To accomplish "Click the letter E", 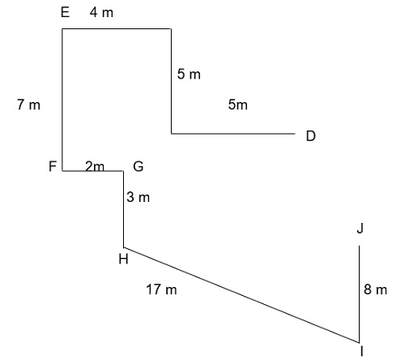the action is (x=65, y=12).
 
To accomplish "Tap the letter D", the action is (x=311, y=136).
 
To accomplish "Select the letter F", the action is (x=53, y=166).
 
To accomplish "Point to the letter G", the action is (x=139, y=166).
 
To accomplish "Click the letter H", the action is (x=123, y=259).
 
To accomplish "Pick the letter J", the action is (x=360, y=229).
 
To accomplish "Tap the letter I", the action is (x=361, y=351).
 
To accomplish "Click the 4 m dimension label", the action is (x=101, y=12).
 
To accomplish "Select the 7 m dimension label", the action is (x=28, y=105).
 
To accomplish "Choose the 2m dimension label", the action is (x=95, y=166).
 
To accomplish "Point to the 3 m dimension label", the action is (x=138, y=197).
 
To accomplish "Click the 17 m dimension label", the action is (x=161, y=289).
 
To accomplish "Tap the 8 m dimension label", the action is (x=375, y=289).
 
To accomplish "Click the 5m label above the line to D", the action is (x=238, y=105).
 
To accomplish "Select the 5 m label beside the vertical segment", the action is (x=189, y=74).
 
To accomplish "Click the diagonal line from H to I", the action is (x=241, y=295).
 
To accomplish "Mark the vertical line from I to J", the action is (x=359, y=294).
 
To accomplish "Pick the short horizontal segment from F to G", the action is (x=93, y=171).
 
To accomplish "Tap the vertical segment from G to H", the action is (x=124, y=209).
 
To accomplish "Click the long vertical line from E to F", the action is (x=62, y=100).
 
